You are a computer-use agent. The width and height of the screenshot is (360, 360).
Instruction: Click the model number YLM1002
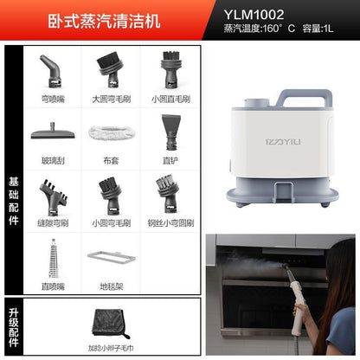tap(254, 15)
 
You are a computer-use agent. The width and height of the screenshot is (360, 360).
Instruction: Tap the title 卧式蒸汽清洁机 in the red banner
tap(104, 21)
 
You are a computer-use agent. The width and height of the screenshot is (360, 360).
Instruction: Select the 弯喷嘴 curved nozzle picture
tap(52, 71)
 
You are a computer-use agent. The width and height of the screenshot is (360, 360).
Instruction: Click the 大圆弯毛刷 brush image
tap(110, 70)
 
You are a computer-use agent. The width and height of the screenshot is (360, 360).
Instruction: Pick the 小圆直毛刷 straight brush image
tap(171, 70)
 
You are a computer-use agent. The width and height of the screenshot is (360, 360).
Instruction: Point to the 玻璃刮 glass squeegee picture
tap(53, 132)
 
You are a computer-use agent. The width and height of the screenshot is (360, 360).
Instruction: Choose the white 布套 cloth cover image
tap(112, 132)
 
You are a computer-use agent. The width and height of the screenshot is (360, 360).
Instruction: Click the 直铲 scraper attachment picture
tap(171, 132)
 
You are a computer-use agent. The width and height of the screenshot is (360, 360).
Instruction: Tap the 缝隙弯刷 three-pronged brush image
tap(54, 197)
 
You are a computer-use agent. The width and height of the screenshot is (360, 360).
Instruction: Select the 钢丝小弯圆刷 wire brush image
tap(168, 193)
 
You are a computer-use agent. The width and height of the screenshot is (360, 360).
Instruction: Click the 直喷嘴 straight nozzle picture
tap(54, 258)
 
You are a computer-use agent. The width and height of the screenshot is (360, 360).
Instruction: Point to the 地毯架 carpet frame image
tap(112, 257)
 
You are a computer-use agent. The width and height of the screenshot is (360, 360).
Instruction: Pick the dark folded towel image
tap(110, 324)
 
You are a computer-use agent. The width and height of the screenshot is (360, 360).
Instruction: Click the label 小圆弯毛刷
tap(112, 223)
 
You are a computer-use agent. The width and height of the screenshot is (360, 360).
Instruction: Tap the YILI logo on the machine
tap(283, 142)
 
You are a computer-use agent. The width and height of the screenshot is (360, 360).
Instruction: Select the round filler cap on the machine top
tap(257, 102)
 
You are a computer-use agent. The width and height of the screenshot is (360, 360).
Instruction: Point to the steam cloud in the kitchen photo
tap(257, 264)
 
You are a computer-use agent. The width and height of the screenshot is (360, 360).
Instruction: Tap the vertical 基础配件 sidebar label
tap(14, 201)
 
